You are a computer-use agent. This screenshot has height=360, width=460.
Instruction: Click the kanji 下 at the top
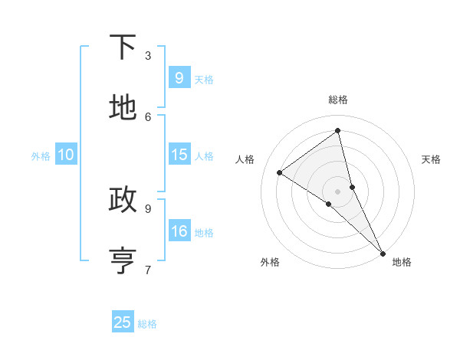[x=123, y=47]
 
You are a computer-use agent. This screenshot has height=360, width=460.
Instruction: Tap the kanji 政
[x=123, y=200]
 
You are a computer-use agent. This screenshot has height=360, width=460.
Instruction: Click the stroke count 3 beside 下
[x=148, y=55]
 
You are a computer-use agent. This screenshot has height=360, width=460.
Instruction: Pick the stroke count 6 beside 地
[x=148, y=116]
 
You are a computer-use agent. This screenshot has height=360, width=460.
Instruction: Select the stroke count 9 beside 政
[x=148, y=208]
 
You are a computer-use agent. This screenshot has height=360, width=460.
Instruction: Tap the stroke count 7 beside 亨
[x=148, y=269]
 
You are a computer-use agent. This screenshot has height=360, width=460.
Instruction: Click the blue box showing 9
[x=179, y=77]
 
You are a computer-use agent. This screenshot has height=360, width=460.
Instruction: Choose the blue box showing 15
[x=179, y=154]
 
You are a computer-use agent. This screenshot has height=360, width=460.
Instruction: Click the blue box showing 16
[x=179, y=231]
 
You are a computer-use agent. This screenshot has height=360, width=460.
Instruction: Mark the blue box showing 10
[x=66, y=154]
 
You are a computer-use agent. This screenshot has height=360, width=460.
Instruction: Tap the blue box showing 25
[x=123, y=322]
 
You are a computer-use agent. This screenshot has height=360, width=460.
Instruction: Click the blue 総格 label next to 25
[x=147, y=324]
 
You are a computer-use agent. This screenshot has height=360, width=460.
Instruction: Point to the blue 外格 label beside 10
[x=41, y=156]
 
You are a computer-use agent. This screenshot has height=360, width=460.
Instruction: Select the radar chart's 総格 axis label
[x=338, y=100]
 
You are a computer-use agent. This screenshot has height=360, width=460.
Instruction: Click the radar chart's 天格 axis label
[x=431, y=159]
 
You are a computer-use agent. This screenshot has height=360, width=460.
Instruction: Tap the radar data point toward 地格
[x=383, y=252]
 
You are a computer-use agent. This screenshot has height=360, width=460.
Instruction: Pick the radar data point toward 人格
[x=279, y=172]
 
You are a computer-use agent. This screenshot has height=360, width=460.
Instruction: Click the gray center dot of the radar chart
[x=338, y=191]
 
